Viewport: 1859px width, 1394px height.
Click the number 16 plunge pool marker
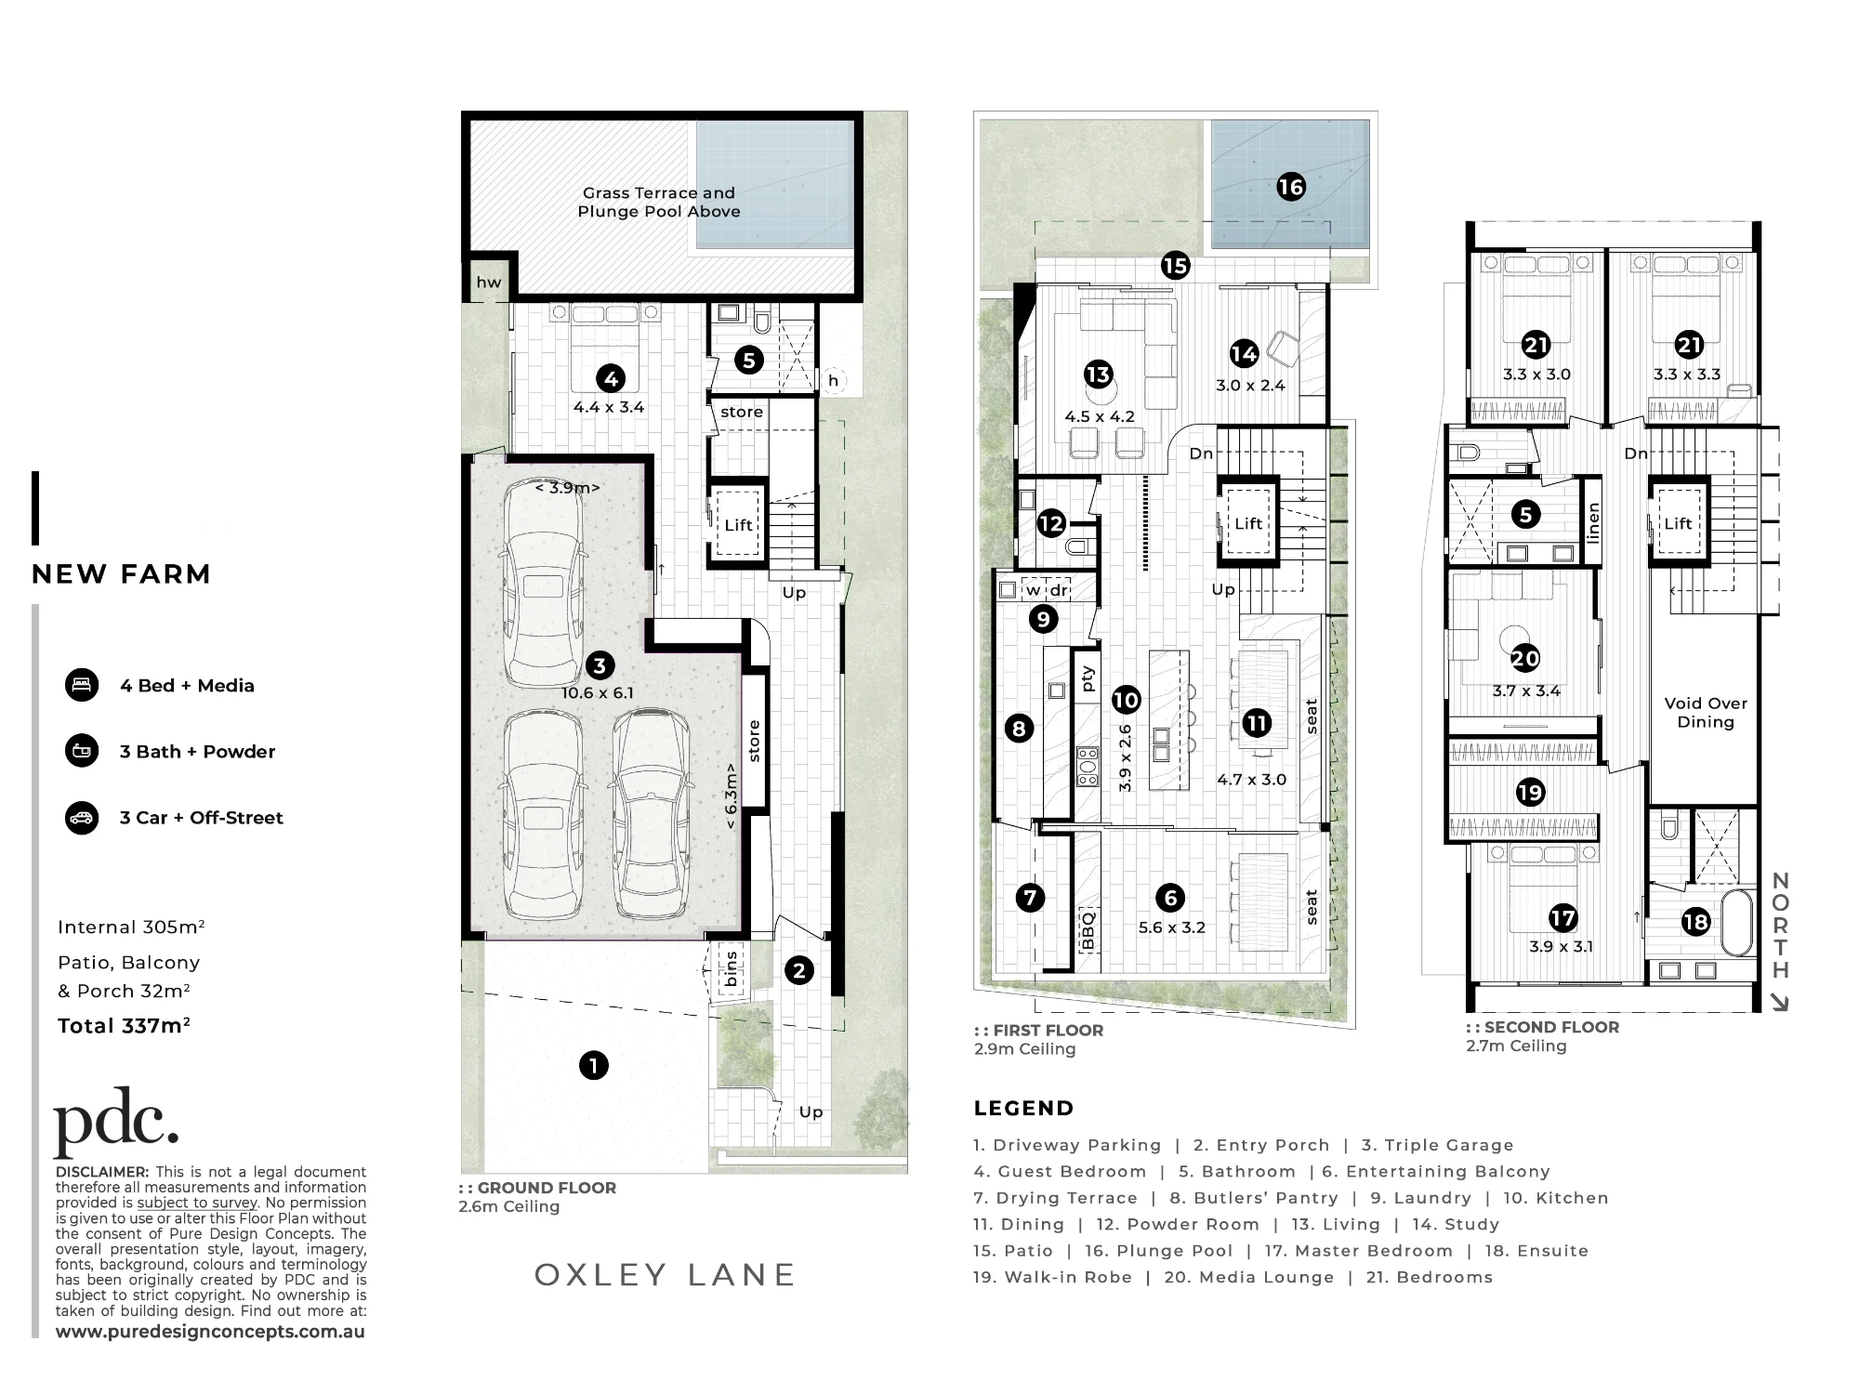point(1291,188)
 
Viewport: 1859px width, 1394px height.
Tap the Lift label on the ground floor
point(738,525)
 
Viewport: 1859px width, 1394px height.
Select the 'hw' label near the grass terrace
point(488,283)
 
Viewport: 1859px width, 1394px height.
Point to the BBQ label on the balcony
point(1088,930)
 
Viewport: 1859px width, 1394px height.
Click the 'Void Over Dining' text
point(1706,713)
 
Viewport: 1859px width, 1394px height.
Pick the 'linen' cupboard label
point(1593,521)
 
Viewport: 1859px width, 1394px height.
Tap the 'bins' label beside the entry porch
point(732,968)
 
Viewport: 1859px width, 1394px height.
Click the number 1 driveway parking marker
point(593,1065)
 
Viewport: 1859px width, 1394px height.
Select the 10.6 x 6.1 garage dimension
point(597,693)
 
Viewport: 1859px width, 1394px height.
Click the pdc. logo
point(116,1121)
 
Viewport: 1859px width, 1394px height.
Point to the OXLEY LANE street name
point(665,1275)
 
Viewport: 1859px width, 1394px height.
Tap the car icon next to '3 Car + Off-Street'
point(82,818)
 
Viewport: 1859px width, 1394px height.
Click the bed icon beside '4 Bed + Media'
point(82,685)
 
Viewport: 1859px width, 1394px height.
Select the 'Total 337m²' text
point(124,1026)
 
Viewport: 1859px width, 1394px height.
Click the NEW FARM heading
point(121,574)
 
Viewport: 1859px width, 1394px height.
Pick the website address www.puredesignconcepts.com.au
point(210,1332)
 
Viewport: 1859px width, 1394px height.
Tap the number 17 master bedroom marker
point(1562,918)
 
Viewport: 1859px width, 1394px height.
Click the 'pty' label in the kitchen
point(1087,679)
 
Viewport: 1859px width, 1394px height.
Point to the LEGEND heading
point(1023,1109)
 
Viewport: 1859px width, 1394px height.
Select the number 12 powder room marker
point(1051,523)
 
